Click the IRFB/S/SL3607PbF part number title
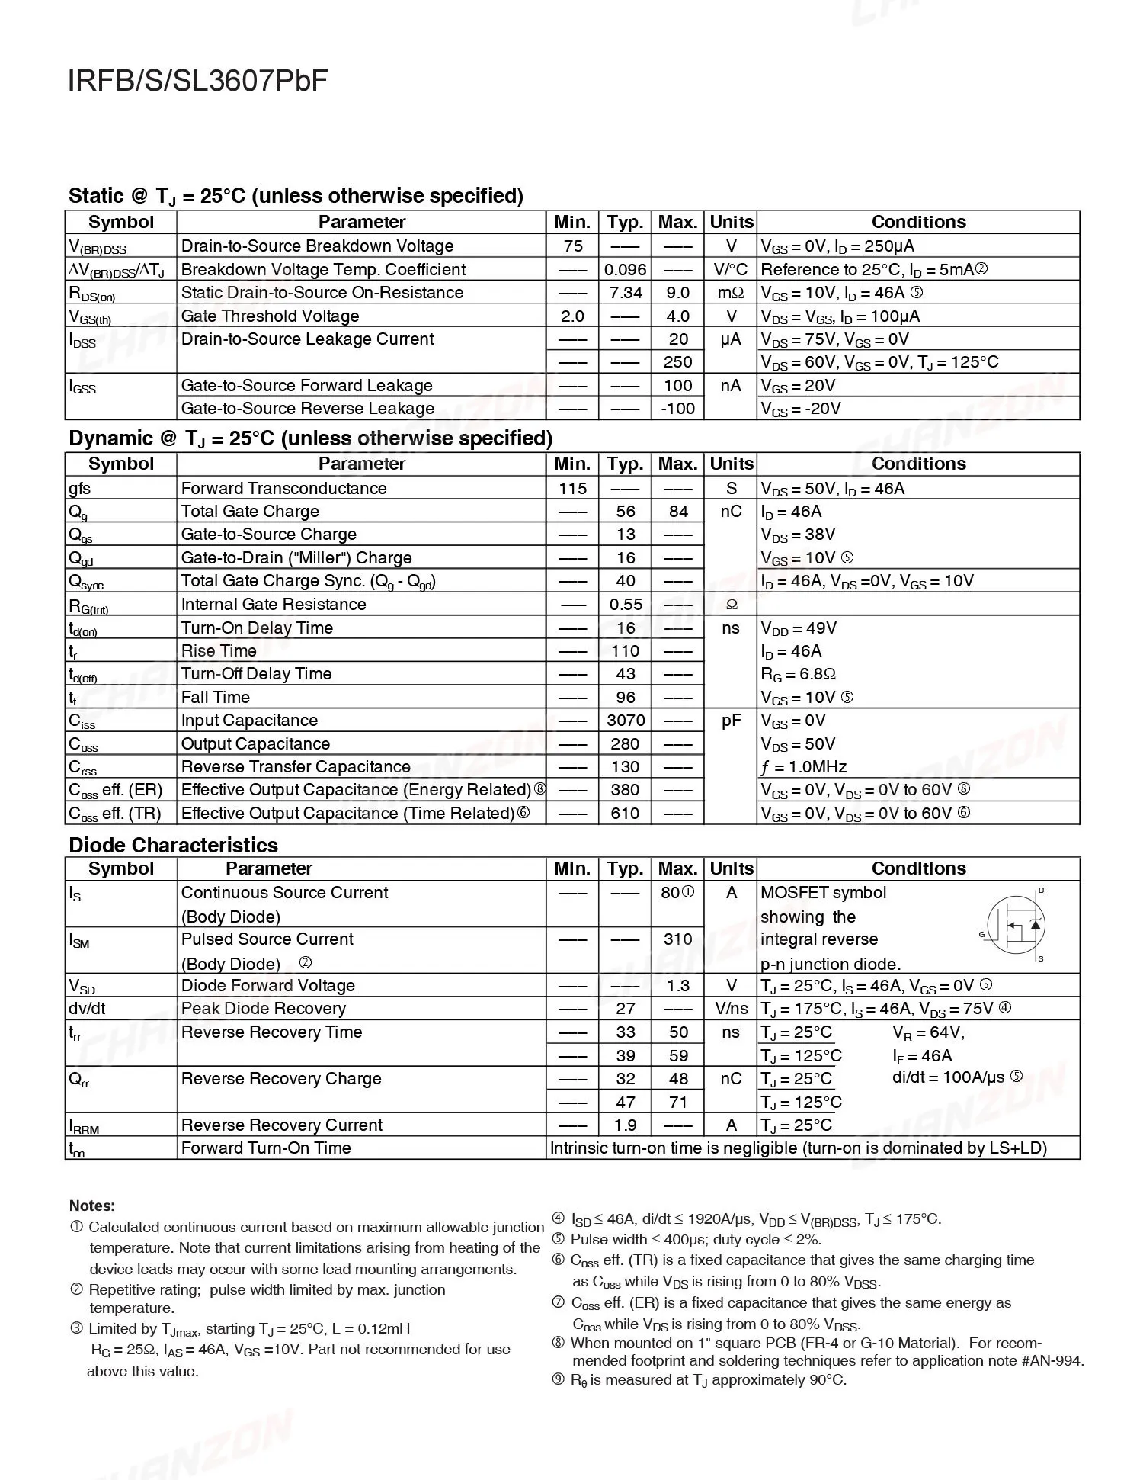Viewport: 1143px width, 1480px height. (198, 81)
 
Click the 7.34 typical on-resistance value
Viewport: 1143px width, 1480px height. (626, 293)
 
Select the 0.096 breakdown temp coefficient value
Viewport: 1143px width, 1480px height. (626, 270)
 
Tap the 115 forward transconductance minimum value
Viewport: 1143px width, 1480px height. (572, 489)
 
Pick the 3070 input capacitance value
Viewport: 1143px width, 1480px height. (626, 721)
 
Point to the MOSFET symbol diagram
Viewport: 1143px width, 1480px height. (1016, 926)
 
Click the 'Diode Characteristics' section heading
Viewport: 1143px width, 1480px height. (173, 846)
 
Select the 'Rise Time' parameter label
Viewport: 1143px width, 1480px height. (219, 651)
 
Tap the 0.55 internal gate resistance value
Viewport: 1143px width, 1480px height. (626, 605)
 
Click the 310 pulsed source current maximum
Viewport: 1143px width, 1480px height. (677, 939)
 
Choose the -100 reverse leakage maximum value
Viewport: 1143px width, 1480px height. (677, 409)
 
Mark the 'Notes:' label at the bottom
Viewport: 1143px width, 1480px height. (92, 1206)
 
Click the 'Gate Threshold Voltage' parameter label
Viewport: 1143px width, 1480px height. (270, 316)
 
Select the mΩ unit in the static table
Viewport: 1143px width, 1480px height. (731, 293)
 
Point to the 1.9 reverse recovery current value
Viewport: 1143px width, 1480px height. (626, 1125)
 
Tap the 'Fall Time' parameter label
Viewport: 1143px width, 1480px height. (215, 698)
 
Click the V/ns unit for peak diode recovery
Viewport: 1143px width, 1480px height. (731, 1009)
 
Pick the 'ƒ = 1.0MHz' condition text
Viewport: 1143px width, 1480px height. (803, 767)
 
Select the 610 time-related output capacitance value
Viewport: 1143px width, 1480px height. (626, 814)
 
